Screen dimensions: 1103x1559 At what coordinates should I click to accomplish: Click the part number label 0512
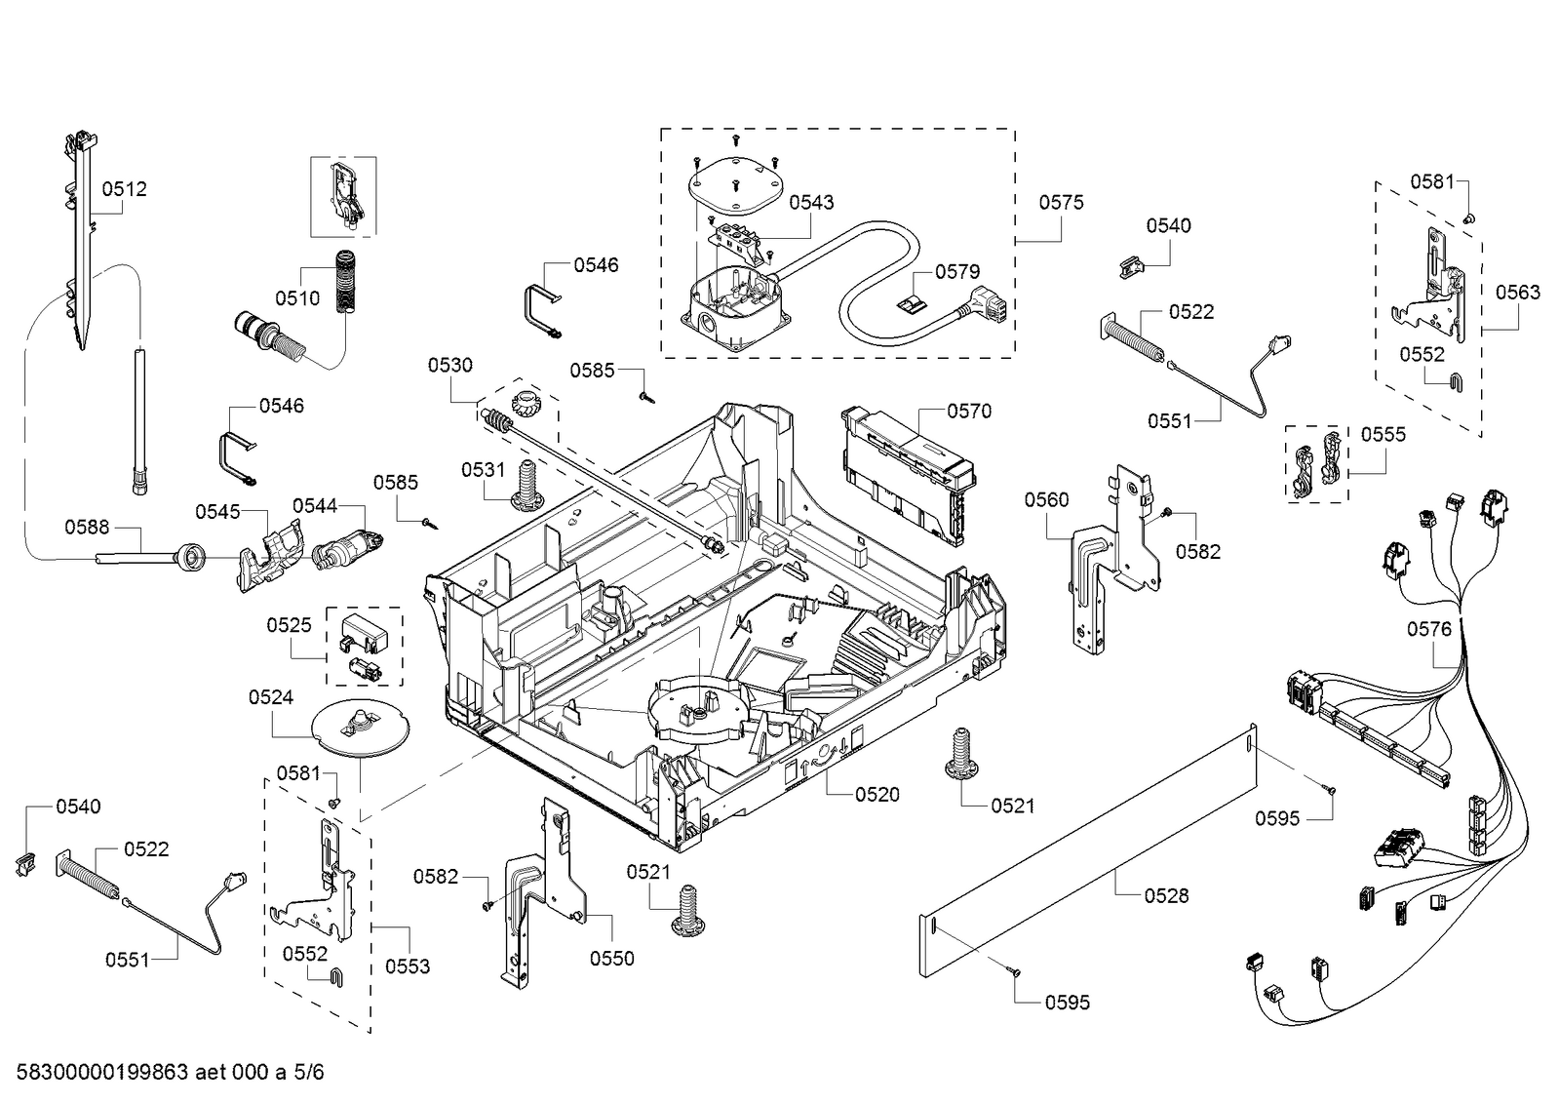(x=124, y=189)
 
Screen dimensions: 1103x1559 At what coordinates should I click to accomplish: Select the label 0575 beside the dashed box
(x=1061, y=203)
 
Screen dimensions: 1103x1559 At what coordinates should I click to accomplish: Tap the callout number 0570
(x=968, y=412)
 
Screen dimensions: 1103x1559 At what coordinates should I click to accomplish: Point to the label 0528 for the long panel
(x=1166, y=895)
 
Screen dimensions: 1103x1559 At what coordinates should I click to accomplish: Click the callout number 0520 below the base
(x=877, y=795)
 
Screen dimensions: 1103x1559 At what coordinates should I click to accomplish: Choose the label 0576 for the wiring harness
(x=1428, y=630)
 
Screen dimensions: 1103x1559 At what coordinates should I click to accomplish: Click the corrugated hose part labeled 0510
(x=346, y=283)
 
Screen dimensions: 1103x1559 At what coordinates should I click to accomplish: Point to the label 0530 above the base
(x=449, y=366)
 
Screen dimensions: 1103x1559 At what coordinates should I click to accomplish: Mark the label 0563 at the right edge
(x=1518, y=293)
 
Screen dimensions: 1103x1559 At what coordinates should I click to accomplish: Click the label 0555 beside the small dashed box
(x=1383, y=435)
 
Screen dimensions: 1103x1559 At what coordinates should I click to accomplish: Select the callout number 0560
(x=1045, y=500)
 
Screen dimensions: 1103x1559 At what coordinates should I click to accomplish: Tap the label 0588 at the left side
(x=87, y=528)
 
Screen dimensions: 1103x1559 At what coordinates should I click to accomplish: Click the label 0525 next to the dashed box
(x=289, y=625)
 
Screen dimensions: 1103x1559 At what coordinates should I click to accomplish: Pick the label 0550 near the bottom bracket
(x=611, y=959)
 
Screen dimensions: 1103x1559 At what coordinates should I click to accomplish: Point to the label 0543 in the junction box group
(x=811, y=203)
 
